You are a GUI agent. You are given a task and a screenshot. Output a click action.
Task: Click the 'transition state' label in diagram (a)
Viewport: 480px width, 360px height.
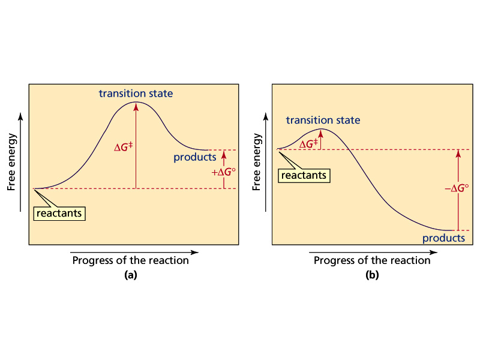coord(136,94)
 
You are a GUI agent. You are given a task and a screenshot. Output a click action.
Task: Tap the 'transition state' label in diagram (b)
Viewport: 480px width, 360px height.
coord(323,120)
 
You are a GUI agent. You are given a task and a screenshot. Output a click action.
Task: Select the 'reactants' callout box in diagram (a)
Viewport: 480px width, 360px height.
coord(59,214)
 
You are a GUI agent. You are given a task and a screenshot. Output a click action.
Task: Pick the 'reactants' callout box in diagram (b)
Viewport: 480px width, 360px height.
coord(304,175)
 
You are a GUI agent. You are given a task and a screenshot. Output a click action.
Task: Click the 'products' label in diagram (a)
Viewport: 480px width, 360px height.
coord(194,157)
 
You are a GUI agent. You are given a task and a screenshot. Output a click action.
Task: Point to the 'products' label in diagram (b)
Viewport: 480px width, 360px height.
coord(443,238)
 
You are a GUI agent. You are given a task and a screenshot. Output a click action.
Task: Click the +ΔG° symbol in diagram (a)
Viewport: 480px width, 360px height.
coord(223,172)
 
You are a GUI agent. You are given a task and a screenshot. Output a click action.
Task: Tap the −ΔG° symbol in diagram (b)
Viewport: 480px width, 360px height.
coord(457,188)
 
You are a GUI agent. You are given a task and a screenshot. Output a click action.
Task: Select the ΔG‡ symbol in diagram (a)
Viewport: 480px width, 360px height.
coord(124,147)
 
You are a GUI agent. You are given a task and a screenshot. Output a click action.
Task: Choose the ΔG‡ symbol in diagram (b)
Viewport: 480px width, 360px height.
coord(308,144)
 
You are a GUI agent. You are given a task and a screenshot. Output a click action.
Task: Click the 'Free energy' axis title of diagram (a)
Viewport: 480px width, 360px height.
coord(11,162)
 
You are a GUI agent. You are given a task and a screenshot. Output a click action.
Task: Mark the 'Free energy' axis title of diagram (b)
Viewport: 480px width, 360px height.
coord(257,162)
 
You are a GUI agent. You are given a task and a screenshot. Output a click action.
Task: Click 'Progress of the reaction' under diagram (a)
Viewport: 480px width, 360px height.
coord(131,260)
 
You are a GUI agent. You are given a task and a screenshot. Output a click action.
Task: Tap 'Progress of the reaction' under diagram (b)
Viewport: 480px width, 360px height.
coord(372,260)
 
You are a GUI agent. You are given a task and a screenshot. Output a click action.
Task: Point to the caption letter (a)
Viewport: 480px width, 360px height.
coord(131,275)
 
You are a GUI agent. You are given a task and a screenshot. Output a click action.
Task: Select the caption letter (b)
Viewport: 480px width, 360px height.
coord(372,275)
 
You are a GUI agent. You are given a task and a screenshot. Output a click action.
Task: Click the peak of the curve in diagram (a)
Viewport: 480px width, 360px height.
coord(136,101)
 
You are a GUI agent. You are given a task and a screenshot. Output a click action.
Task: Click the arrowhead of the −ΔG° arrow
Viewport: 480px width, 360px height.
coord(458,154)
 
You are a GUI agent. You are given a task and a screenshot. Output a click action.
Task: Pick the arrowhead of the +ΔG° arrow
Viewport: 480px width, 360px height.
coord(224,154)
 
